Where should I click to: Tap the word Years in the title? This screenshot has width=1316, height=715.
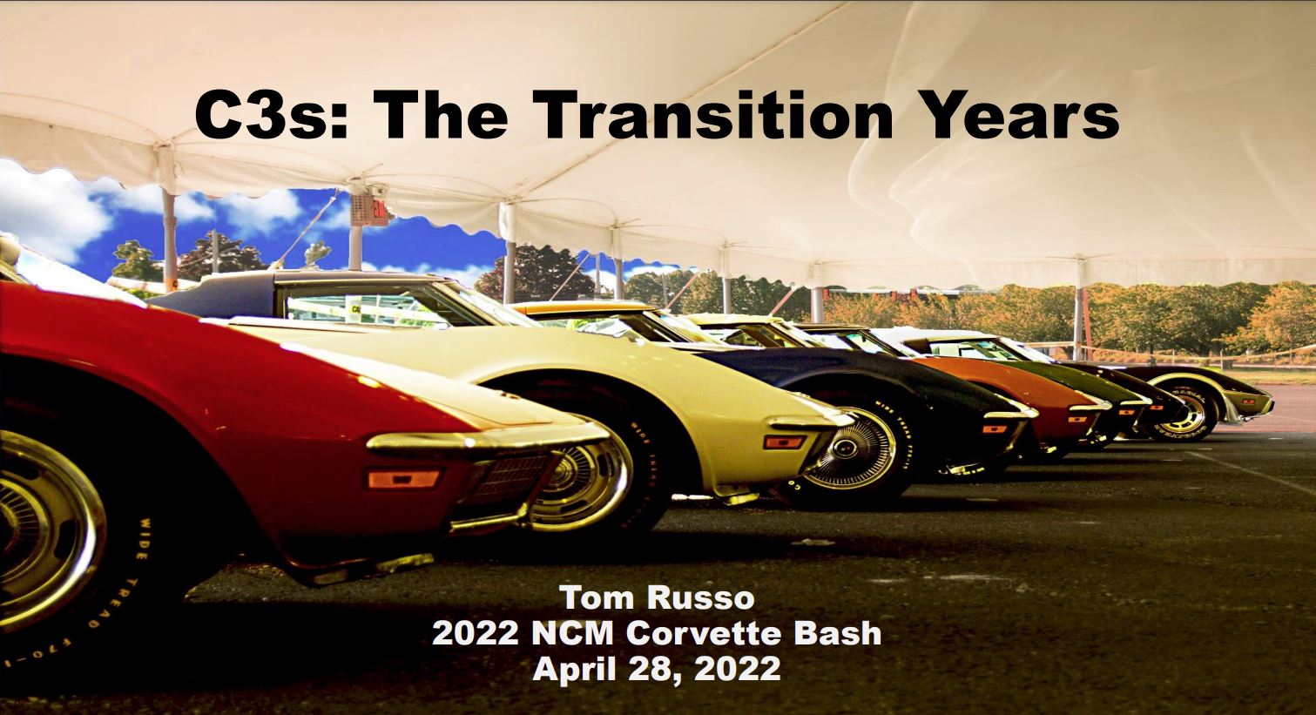1018,116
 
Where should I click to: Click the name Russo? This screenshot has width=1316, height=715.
701,598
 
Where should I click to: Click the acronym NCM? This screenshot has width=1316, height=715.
572,633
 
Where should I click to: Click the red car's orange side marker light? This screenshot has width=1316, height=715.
403,479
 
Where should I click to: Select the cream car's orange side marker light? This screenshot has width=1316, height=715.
785,442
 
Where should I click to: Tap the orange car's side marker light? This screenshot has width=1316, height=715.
1077,420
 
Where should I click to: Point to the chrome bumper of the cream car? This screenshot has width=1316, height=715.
811,420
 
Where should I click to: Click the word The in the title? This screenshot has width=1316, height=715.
444,116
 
